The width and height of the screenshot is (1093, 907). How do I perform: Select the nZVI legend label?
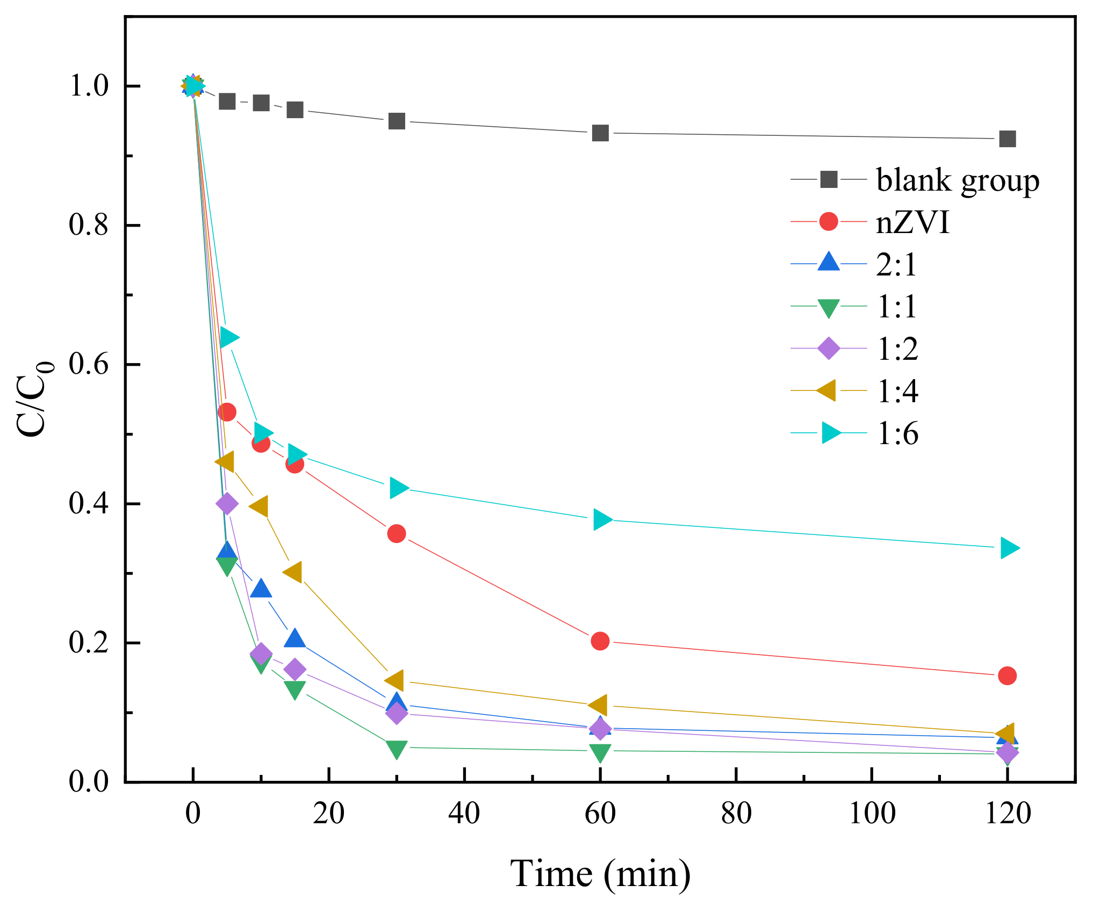912,222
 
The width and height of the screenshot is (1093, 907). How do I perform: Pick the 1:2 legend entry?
897,349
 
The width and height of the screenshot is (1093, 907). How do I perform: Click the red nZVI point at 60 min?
600,641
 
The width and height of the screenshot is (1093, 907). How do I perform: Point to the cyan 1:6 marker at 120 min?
1008,548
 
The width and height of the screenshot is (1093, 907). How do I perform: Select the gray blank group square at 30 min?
397,121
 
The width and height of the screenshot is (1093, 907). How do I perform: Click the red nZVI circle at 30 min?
397,534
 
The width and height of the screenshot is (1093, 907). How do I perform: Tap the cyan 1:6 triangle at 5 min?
228,338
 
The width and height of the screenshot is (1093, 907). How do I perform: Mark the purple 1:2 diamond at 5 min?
227,504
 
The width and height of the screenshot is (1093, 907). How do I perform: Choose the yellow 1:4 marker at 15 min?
293,572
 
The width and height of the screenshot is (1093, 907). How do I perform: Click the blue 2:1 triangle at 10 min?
261,589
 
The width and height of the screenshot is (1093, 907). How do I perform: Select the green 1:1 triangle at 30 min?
397,749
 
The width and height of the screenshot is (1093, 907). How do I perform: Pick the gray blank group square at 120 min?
1007,139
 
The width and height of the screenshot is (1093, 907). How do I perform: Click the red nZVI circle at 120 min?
1007,676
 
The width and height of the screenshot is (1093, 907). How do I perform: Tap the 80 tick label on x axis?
736,814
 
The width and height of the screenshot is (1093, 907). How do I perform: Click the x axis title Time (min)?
600,874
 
